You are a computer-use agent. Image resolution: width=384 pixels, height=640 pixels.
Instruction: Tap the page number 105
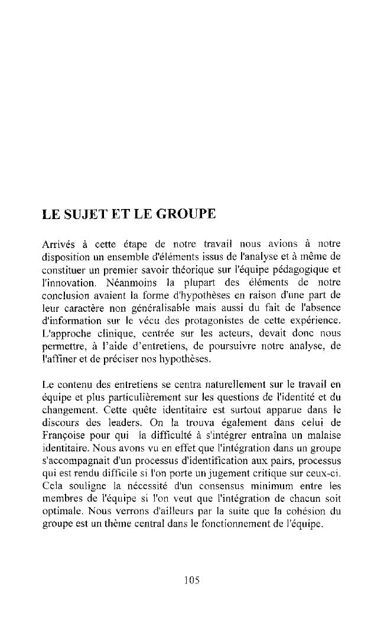point(191,580)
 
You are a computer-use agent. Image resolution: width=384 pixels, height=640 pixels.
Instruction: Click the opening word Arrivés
point(58,244)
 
